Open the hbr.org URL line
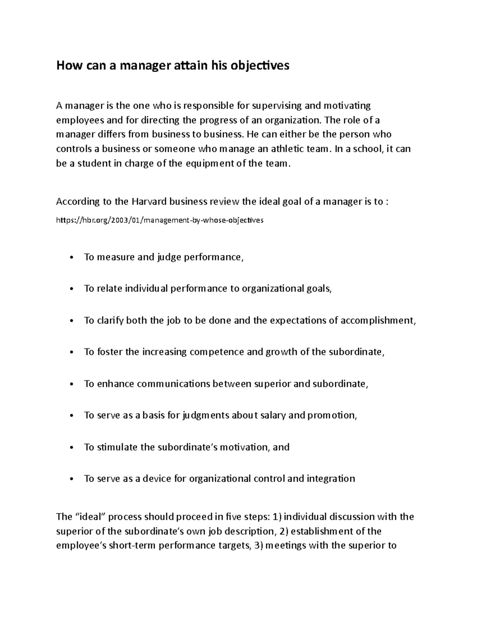159,220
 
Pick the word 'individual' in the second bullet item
147,289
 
